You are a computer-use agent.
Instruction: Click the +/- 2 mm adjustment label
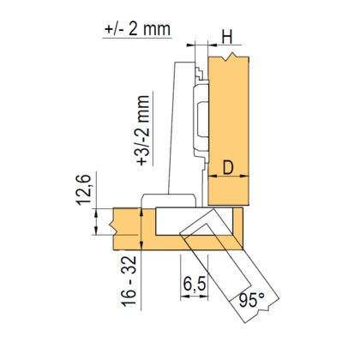click(x=137, y=29)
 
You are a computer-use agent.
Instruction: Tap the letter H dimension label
click(x=227, y=37)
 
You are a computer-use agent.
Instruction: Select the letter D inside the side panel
click(x=228, y=168)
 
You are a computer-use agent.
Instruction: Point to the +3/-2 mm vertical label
click(x=143, y=130)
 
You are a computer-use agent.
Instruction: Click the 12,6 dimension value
click(x=83, y=189)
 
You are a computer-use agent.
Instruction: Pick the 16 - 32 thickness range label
click(x=129, y=281)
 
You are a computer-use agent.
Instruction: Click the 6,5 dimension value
click(x=195, y=284)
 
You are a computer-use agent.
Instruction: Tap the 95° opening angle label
click(x=252, y=300)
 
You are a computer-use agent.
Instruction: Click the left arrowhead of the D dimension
click(x=212, y=176)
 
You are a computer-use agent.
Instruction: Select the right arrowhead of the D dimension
click(x=244, y=176)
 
